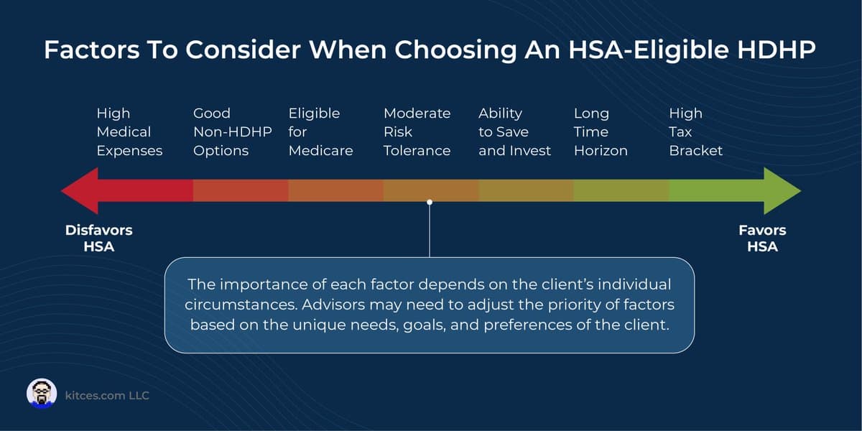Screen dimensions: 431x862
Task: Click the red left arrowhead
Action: (78, 190)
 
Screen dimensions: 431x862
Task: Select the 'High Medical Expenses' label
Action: (129, 132)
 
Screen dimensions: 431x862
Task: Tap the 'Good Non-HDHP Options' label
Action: (221, 132)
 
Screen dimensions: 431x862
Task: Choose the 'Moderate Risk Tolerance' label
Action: (417, 132)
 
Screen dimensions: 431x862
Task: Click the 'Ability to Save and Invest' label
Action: (514, 132)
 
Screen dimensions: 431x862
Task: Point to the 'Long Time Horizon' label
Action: (601, 132)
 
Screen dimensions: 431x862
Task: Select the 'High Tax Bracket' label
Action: (695, 132)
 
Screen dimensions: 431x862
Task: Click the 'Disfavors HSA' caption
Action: (99, 238)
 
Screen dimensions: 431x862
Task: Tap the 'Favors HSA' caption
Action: (762, 238)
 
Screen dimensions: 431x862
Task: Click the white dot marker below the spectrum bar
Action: (430, 203)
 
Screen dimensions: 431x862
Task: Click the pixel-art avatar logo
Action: (42, 394)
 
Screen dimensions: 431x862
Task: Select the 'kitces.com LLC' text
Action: (107, 395)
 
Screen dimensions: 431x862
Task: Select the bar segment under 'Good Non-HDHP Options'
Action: (241, 190)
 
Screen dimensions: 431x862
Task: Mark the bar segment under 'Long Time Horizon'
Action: (621, 190)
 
